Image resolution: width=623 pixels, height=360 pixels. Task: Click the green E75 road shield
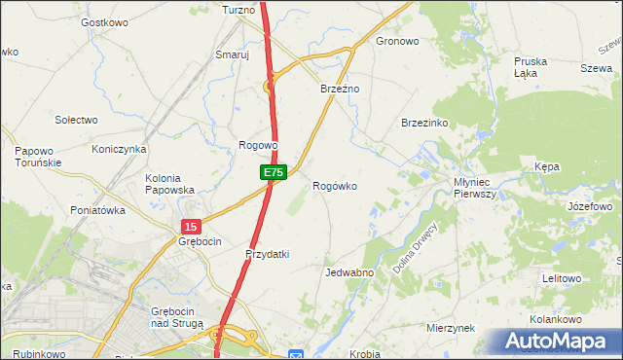pyautogui.click(x=274, y=172)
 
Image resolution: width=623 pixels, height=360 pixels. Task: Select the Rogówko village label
pyautogui.click(x=340, y=185)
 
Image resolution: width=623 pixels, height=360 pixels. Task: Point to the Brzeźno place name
pyautogui.click(x=340, y=89)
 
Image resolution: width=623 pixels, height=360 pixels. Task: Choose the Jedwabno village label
pyautogui.click(x=350, y=272)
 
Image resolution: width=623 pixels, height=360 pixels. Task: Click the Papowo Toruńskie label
pyautogui.click(x=39, y=157)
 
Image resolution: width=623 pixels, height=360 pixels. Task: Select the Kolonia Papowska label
pyautogui.click(x=170, y=184)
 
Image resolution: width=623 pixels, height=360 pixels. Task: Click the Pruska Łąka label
pyautogui.click(x=531, y=67)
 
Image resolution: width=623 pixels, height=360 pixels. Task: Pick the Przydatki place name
pyautogui.click(x=268, y=254)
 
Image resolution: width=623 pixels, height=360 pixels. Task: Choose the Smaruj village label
pyautogui.click(x=233, y=55)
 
